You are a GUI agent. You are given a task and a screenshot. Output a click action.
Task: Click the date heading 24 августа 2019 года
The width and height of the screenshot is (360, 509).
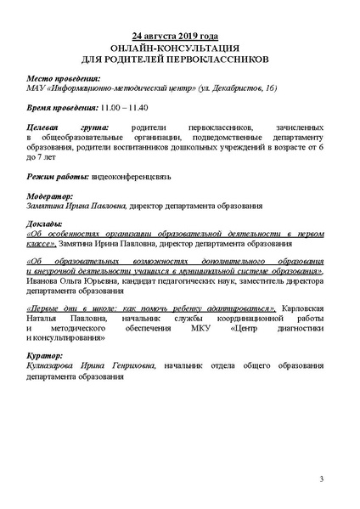click(x=179, y=37)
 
